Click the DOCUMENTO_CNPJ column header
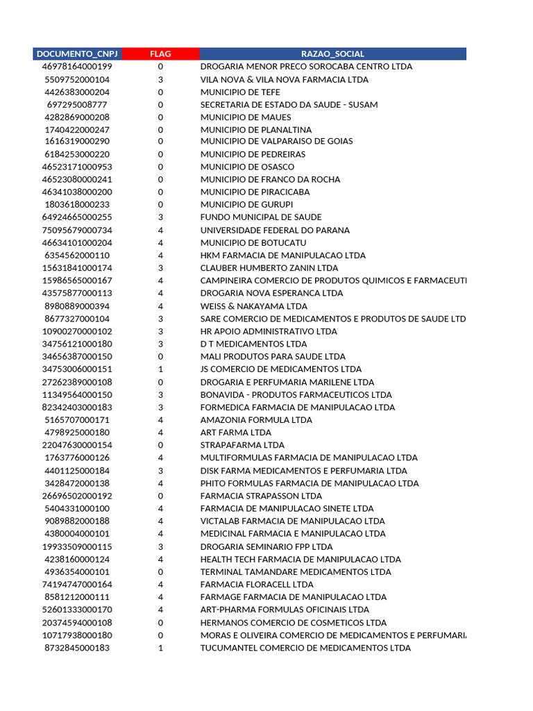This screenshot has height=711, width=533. click(x=77, y=53)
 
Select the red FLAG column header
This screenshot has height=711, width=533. click(x=160, y=53)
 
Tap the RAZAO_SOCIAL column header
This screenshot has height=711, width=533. click(x=332, y=53)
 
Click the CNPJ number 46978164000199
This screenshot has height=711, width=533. click(x=77, y=67)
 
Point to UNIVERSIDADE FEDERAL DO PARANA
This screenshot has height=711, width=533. click(x=275, y=230)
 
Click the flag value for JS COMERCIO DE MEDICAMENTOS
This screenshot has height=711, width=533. click(x=160, y=369)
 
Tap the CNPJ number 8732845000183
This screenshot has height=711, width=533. click(x=77, y=648)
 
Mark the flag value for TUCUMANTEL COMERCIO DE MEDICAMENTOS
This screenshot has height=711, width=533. click(x=160, y=648)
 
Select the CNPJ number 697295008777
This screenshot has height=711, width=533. click(x=77, y=105)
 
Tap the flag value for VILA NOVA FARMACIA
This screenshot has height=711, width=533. click(x=160, y=79)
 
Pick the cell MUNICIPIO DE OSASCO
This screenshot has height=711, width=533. click(x=247, y=167)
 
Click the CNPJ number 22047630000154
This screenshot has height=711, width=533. click(x=77, y=445)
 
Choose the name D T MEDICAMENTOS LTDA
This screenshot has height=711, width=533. click(x=253, y=344)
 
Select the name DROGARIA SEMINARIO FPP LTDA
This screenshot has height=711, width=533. click(x=266, y=546)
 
